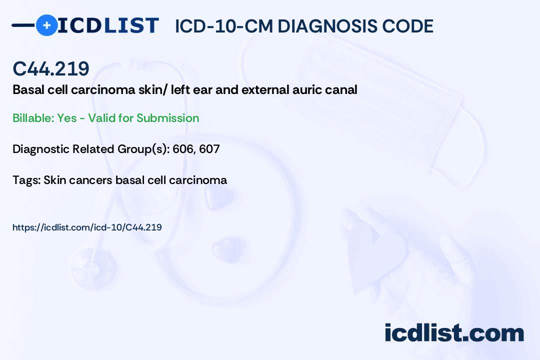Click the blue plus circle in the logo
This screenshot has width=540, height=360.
coord(46,25)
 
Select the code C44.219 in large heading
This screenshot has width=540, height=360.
coord(51,69)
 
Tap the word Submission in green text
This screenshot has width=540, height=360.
coord(167,118)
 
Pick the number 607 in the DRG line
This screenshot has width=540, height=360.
coord(209,149)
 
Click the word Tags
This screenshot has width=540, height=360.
coord(26,180)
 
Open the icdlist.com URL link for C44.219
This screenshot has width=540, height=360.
coord(87,227)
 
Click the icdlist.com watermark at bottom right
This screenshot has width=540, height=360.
coord(454,333)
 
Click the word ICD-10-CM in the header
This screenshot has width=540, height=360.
coord(223,26)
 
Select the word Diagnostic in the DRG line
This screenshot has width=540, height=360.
coord(41,149)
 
